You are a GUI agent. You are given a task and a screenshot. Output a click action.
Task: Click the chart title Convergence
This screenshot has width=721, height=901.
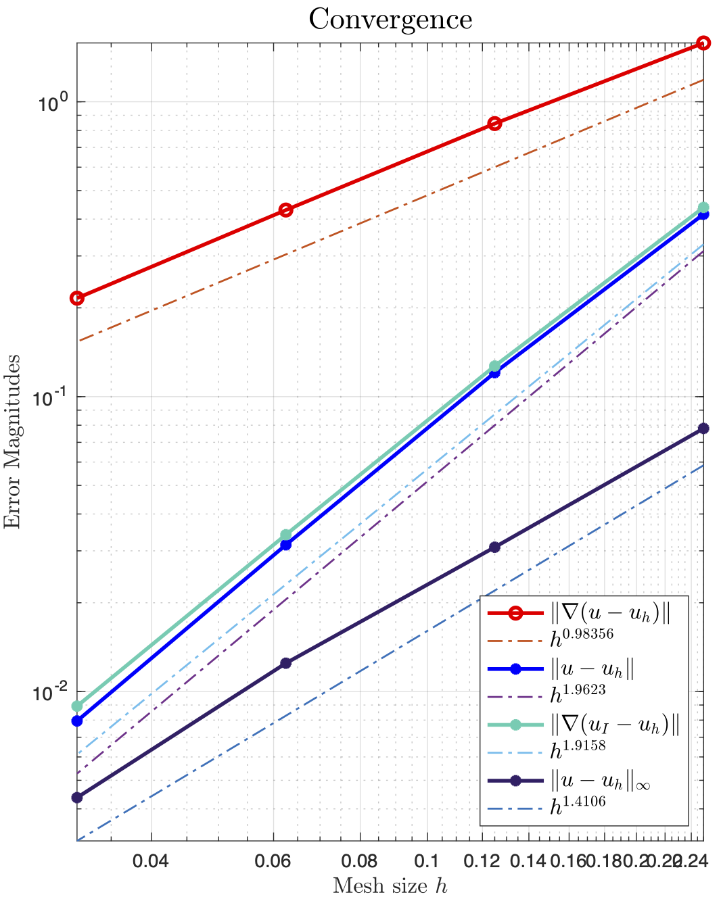tap(390, 19)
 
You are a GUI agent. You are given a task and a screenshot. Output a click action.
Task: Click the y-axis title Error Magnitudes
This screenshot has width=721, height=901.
tap(13, 441)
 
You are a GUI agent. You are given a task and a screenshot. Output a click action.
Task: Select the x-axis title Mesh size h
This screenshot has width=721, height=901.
tap(390, 885)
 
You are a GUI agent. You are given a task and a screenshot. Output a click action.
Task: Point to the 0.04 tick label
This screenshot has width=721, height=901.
tap(150, 862)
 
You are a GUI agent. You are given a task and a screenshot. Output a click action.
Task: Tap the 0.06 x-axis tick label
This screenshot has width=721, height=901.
tap(274, 862)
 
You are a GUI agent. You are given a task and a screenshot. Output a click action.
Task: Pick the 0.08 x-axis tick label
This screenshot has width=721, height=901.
tap(359, 862)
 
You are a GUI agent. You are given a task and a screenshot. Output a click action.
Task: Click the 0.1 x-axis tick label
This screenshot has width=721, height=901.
tap(427, 862)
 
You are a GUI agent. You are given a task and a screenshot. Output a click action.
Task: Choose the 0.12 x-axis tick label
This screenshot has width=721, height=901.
tap(482, 862)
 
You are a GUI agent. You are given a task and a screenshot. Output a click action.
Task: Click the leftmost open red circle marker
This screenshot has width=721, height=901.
tap(77, 298)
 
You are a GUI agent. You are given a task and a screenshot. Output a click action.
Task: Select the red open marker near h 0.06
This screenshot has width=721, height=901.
tap(286, 210)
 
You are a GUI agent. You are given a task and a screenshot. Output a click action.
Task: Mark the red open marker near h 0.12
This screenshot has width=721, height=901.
tap(494, 124)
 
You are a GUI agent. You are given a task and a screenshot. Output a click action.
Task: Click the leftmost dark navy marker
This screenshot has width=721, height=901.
tap(77, 798)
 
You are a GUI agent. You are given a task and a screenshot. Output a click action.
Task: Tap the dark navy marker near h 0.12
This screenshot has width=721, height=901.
tap(494, 547)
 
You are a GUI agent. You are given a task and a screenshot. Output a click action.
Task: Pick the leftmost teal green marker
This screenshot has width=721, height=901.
tap(77, 706)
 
